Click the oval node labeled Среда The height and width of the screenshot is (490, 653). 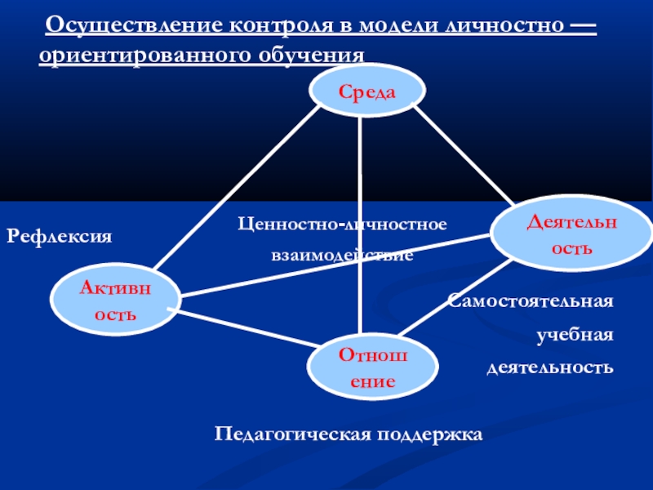(367, 91)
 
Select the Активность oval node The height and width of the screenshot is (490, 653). (116, 299)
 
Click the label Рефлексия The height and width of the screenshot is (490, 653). (59, 236)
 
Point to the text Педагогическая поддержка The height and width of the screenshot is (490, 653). (349, 433)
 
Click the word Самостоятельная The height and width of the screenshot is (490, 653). (531, 302)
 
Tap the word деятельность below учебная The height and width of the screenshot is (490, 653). (549, 367)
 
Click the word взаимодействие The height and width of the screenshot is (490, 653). (343, 256)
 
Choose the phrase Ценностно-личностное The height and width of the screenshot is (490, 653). (343, 223)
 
